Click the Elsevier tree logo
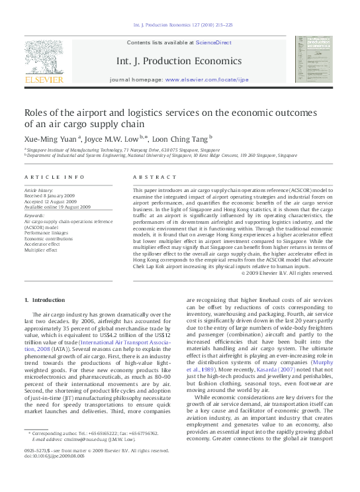(44, 56)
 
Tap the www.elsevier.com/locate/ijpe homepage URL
(208, 79)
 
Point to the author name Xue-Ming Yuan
(50, 138)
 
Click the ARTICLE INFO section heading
(54, 177)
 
